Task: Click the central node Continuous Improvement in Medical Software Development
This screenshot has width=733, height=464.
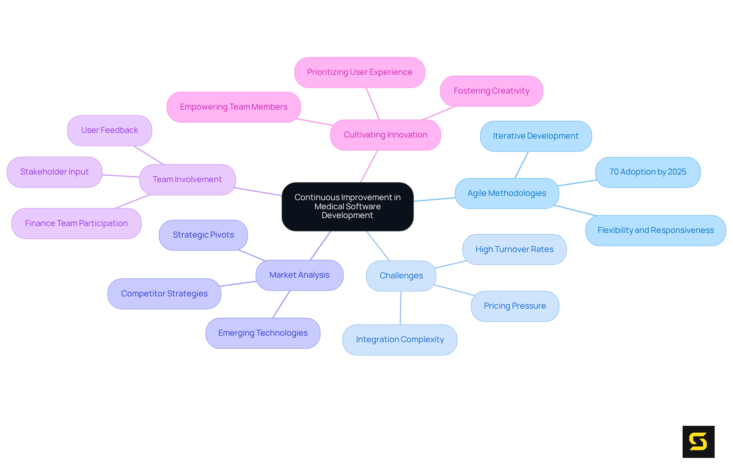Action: tap(347, 207)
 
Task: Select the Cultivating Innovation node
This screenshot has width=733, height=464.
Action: tap(385, 135)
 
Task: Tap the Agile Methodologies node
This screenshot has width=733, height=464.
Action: tap(507, 193)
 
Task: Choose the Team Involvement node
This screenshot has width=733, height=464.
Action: tap(187, 179)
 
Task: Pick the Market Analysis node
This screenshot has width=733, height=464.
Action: tap(299, 275)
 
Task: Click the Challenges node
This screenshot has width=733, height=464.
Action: tap(401, 276)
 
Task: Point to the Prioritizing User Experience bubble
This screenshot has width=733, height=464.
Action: tap(359, 72)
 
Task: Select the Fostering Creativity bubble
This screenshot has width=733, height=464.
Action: tap(491, 91)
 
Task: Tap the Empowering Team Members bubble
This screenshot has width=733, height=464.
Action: tap(234, 107)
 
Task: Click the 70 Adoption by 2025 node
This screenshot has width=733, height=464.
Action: tap(647, 172)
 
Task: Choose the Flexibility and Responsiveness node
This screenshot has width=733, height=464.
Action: tap(655, 230)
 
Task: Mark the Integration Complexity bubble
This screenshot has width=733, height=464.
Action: tap(400, 340)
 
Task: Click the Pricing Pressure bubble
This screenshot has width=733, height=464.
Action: tap(515, 306)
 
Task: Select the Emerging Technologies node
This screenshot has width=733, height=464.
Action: tap(263, 333)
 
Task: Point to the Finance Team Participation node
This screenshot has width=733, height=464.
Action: tap(76, 223)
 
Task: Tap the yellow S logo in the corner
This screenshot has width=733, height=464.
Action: tap(698, 441)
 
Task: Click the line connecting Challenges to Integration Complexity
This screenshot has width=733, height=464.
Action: tap(400, 308)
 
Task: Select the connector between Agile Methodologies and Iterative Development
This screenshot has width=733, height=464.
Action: tap(521, 165)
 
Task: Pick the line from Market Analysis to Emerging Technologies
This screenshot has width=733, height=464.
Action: tap(281, 304)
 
